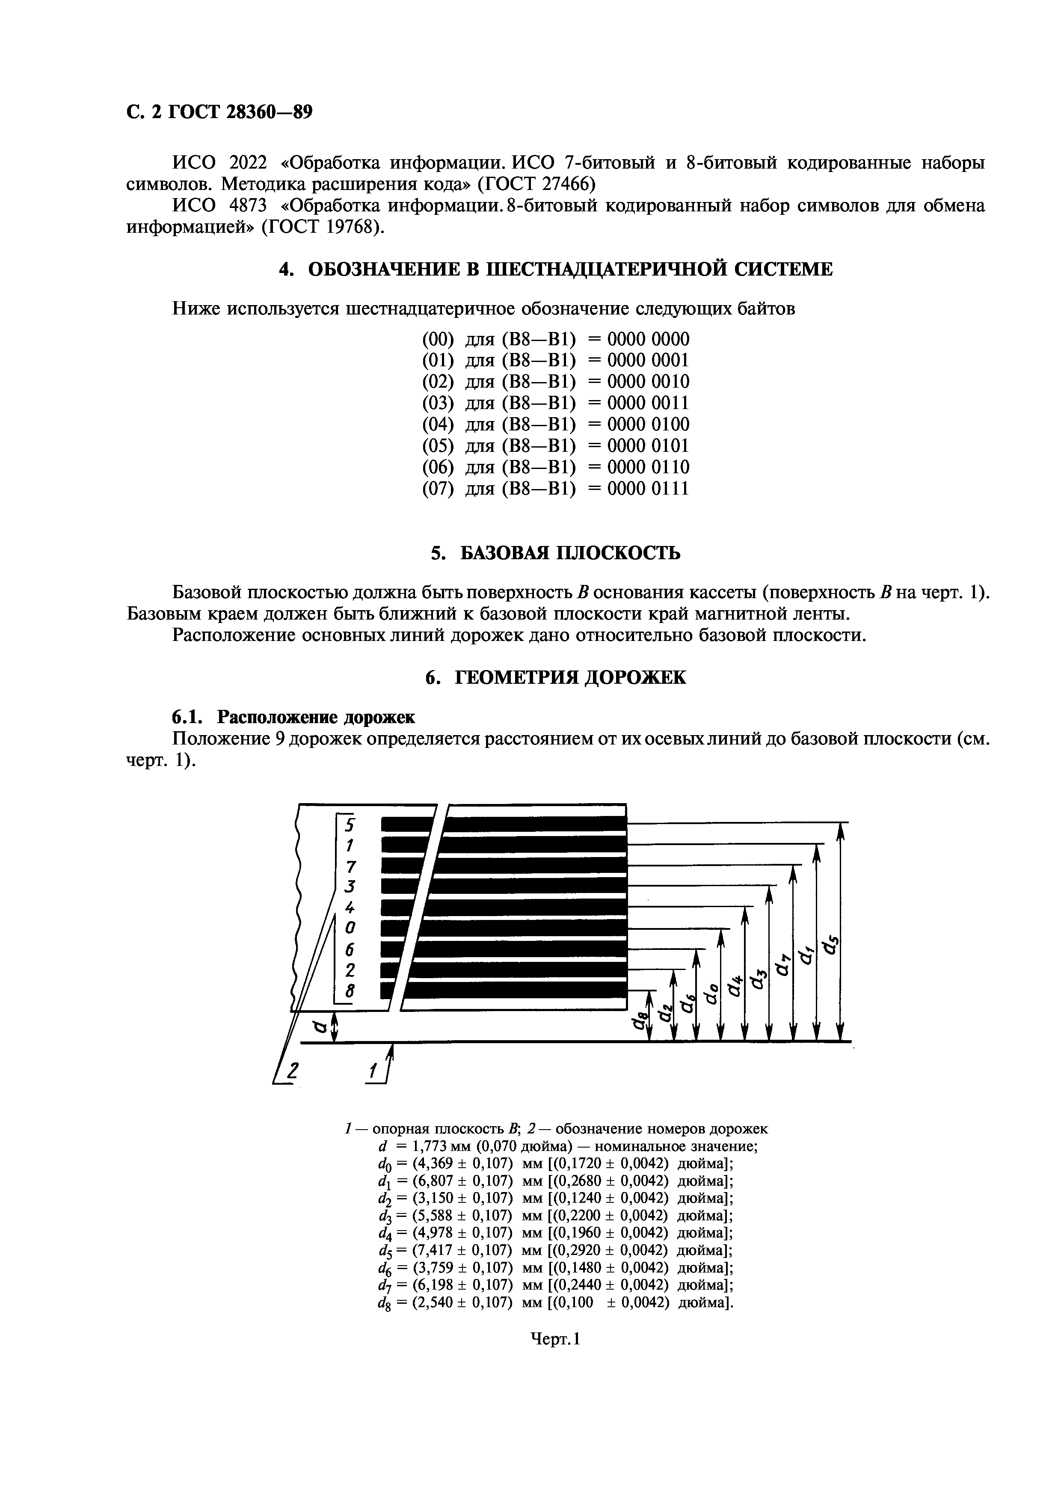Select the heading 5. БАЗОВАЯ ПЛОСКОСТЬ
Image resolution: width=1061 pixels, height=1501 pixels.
pos(555,553)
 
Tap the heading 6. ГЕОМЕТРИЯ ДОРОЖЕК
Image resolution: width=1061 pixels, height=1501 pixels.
pos(555,677)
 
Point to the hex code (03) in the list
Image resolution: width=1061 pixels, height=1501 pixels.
pos(437,403)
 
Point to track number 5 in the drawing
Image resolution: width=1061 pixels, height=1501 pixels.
pos(349,825)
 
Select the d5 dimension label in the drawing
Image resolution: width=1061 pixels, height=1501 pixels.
pos(831,945)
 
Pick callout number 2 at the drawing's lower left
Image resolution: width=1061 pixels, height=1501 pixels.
pos(292,1070)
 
